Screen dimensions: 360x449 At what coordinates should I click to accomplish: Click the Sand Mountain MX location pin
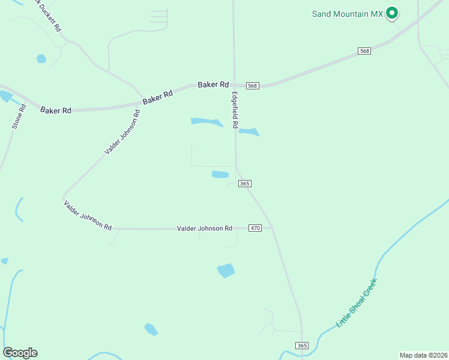pos(392,13)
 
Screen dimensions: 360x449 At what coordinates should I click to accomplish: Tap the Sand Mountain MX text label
pos(348,13)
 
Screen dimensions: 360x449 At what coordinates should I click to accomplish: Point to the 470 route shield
pos(256,229)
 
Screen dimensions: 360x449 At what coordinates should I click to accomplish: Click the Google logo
pos(20,353)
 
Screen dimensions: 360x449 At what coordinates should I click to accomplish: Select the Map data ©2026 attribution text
pos(423,355)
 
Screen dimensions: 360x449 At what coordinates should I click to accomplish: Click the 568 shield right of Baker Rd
pos(252,86)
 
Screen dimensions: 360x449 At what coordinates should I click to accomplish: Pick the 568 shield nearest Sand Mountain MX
pos(364,51)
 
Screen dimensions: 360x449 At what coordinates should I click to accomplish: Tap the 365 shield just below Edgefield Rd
pos(244,184)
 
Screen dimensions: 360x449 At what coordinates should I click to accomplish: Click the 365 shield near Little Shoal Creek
pos(302,346)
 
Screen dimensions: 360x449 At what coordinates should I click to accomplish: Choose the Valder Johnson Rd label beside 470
pos(204,229)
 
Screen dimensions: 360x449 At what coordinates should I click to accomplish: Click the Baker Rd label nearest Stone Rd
pos(56,110)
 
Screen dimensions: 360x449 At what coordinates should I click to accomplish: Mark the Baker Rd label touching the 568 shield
pos(214,85)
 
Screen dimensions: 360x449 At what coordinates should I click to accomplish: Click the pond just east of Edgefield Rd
pos(249,132)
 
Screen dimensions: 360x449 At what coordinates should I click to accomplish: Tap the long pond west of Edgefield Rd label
pos(206,122)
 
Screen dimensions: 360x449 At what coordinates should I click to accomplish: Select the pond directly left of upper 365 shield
pos(220,175)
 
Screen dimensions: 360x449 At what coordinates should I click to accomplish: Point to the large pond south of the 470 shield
pos(226,271)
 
